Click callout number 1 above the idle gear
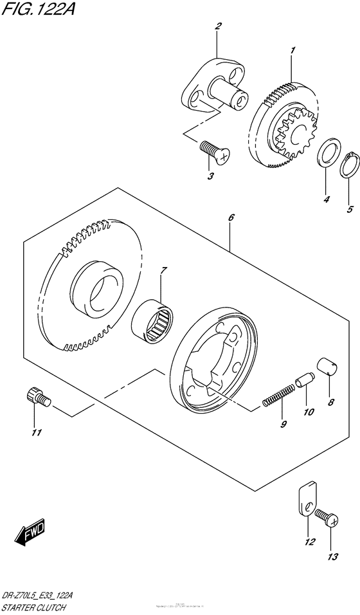coord(292,50)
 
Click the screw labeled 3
coord(209,151)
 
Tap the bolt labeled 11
coord(38,397)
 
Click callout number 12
coord(310,542)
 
